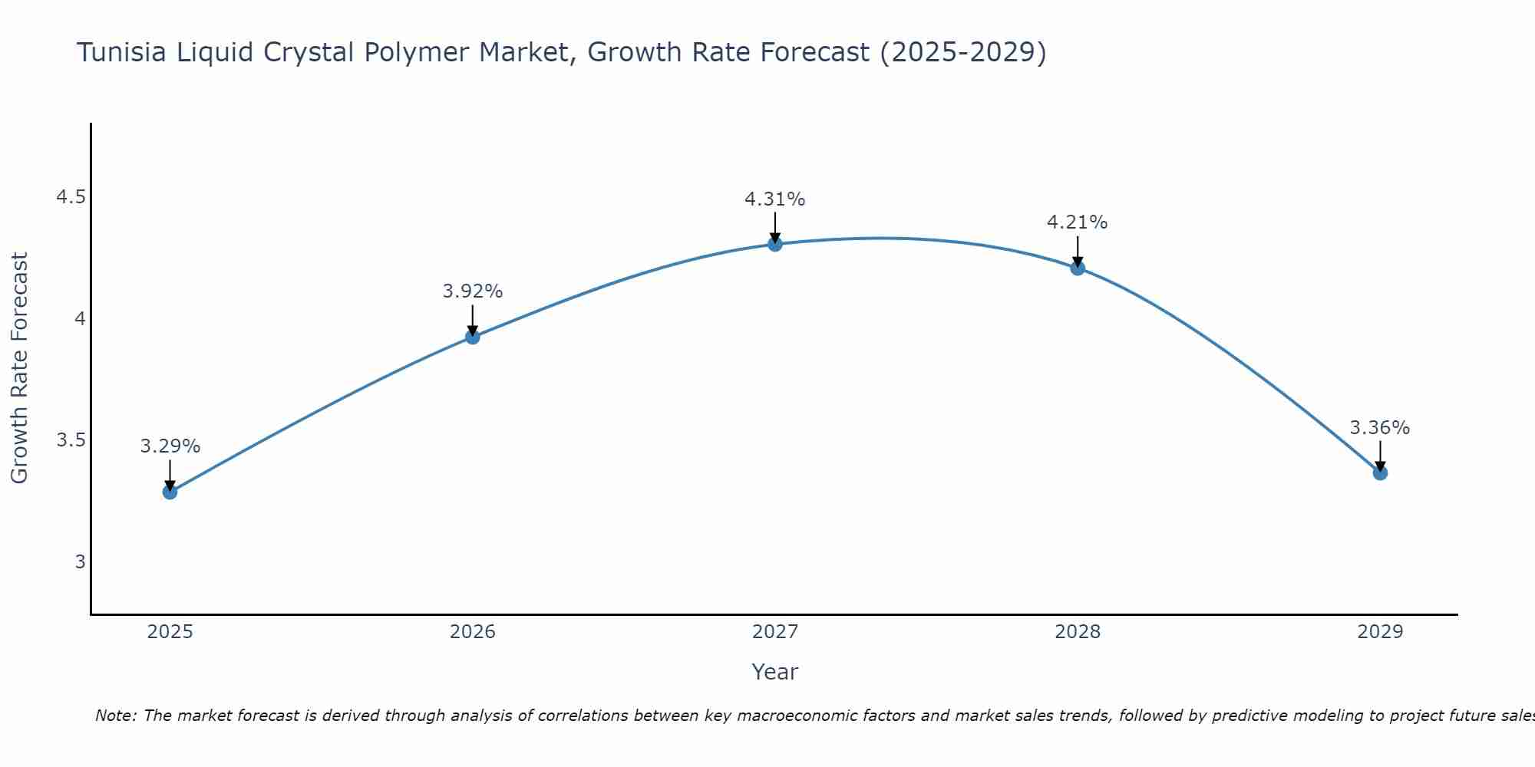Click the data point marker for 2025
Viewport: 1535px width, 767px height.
coord(170,492)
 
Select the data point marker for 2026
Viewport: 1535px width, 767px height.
coord(473,337)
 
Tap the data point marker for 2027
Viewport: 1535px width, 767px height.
coord(775,244)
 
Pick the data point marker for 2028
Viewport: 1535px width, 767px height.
coord(1078,268)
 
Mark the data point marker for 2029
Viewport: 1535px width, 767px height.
coord(1380,472)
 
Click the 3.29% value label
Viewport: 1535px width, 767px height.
coord(170,446)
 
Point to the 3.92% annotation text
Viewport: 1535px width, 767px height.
coord(473,291)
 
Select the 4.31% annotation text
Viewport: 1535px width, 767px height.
coord(775,199)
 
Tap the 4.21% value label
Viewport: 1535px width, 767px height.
coord(1078,222)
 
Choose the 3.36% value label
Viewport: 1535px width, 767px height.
coord(1380,428)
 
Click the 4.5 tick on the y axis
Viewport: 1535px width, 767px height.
coord(71,198)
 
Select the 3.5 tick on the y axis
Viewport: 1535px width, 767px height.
coord(71,440)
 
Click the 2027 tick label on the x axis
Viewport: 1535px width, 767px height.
coord(775,632)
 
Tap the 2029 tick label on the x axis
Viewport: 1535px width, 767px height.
coord(1380,632)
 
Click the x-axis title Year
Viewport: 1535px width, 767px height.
coord(775,672)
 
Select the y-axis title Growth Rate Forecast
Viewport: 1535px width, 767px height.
coord(20,368)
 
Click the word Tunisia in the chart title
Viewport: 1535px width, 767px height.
coord(119,53)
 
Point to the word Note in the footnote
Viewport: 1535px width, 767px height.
coord(115,716)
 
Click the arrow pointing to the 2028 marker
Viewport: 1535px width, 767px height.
coord(1078,252)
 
